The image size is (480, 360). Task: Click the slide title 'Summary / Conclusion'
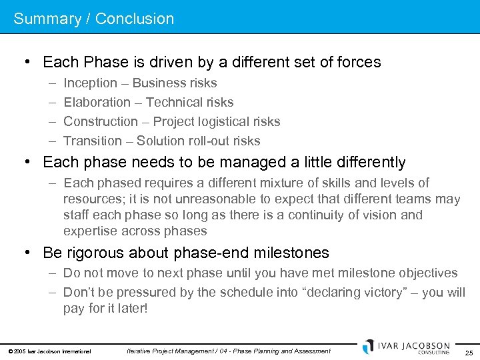tap(93, 19)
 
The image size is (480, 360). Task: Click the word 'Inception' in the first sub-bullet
tap(90, 83)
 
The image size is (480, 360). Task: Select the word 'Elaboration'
tap(97, 103)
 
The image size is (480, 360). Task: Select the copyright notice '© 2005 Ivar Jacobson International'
tap(49, 351)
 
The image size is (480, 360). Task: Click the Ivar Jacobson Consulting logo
tap(406, 347)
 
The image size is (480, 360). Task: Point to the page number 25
tap(469, 352)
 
